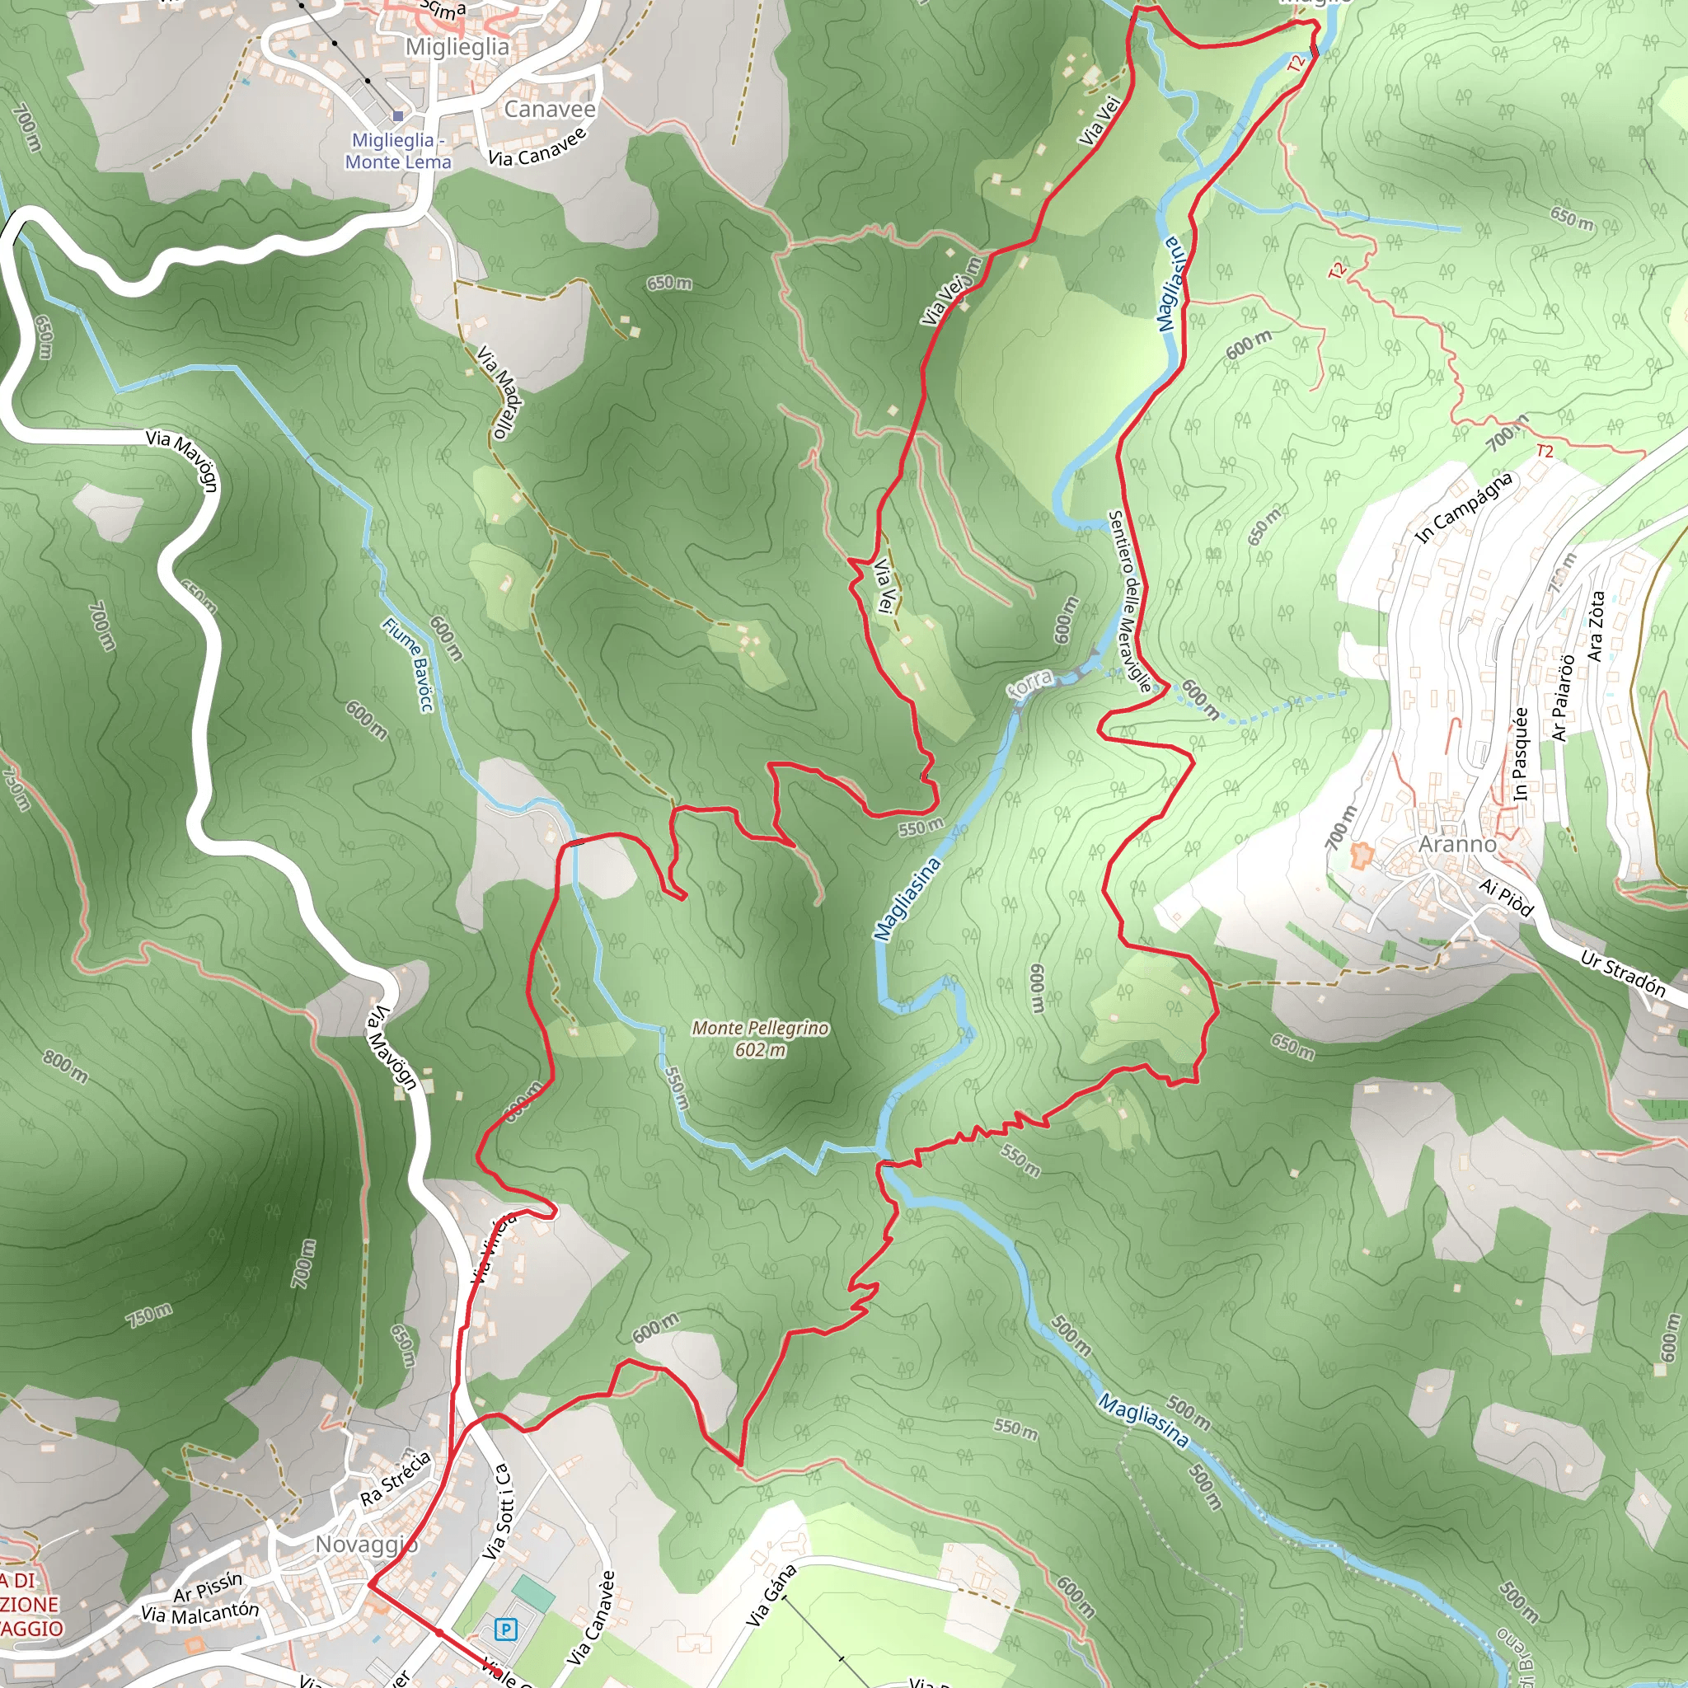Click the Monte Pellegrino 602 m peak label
click(x=759, y=1038)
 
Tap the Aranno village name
click(x=1456, y=844)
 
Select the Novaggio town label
click(x=366, y=1545)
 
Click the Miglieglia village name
click(x=457, y=47)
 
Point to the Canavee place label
click(x=550, y=110)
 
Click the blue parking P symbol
click(x=505, y=1629)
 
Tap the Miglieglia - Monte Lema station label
click(x=398, y=151)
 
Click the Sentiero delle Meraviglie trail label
click(x=1130, y=601)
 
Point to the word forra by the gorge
click(x=1030, y=683)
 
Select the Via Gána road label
click(x=771, y=1596)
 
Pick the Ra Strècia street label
click(x=396, y=1479)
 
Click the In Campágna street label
click(x=1464, y=508)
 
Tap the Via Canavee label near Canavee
click(x=538, y=148)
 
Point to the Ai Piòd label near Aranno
click(x=1507, y=898)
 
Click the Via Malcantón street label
click(x=200, y=1613)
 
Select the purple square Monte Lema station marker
click(x=397, y=115)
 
